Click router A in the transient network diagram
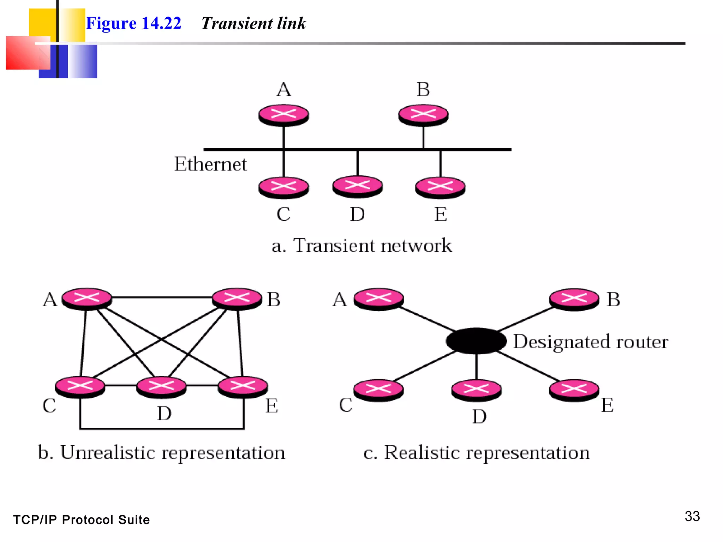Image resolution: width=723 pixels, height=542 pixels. (283, 115)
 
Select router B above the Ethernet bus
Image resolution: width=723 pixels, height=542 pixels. (423, 115)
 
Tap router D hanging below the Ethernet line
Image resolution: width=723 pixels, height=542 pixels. (357, 186)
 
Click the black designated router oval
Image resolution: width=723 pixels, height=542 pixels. (476, 341)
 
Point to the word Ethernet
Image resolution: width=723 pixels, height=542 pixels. (210, 164)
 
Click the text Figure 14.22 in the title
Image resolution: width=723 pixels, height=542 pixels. (133, 23)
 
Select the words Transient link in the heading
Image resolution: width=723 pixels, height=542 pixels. (253, 23)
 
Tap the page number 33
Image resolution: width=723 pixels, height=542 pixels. (692, 516)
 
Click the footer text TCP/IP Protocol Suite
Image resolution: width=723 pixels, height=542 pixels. (81, 520)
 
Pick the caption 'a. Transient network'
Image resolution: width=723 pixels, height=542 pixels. (361, 246)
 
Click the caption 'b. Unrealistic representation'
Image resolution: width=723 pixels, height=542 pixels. (161, 452)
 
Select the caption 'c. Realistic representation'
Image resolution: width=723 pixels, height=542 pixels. (476, 452)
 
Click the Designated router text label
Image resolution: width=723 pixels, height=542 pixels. (590, 342)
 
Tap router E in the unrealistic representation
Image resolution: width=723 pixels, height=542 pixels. (243, 386)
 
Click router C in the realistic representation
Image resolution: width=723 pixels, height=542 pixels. (378, 390)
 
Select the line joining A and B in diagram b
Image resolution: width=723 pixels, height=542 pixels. (162, 297)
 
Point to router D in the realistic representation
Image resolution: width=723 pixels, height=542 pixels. (476, 390)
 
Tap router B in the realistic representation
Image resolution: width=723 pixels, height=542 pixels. (574, 299)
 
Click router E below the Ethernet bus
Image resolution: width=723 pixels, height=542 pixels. (440, 187)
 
